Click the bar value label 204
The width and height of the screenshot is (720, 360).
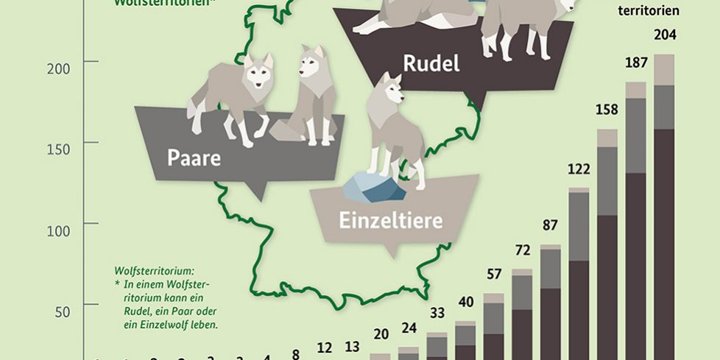point(664,35)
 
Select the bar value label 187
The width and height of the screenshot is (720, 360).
point(635,63)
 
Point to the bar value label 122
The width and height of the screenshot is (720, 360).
point(579,170)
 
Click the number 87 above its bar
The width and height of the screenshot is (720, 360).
point(551,226)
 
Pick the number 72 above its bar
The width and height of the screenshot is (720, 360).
point(522,251)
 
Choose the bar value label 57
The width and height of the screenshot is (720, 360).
point(493,275)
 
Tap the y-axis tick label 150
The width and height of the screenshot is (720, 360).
point(58,149)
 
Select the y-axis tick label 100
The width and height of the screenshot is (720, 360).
point(58,230)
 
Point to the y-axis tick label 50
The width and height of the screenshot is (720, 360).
point(62,311)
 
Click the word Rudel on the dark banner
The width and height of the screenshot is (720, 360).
point(431,64)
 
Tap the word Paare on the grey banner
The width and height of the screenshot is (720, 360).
point(194,158)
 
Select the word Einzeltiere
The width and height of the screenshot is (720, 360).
point(390,220)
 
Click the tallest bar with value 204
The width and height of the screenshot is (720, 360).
point(664,221)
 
